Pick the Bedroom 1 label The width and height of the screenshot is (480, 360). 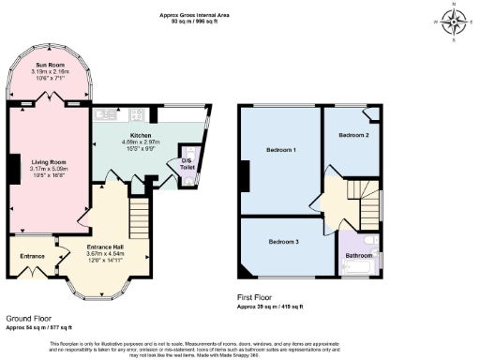click(x=280, y=150)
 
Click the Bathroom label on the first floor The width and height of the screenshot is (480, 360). click(x=358, y=255)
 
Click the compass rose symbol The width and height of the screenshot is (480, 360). click(x=455, y=20)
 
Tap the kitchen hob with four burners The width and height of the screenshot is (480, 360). click(x=191, y=116)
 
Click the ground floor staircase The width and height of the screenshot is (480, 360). click(x=139, y=206)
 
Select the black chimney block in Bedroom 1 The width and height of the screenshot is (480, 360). click(x=244, y=174)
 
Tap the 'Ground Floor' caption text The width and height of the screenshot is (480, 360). click(x=29, y=319)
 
